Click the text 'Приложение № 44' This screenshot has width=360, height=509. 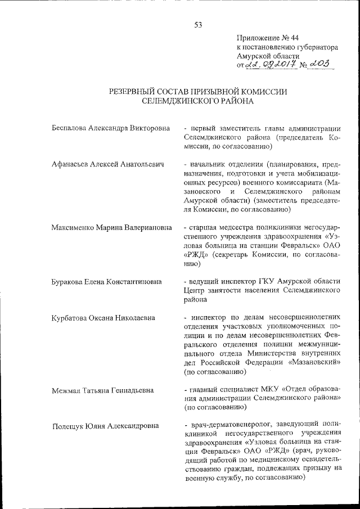tap(265, 38)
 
